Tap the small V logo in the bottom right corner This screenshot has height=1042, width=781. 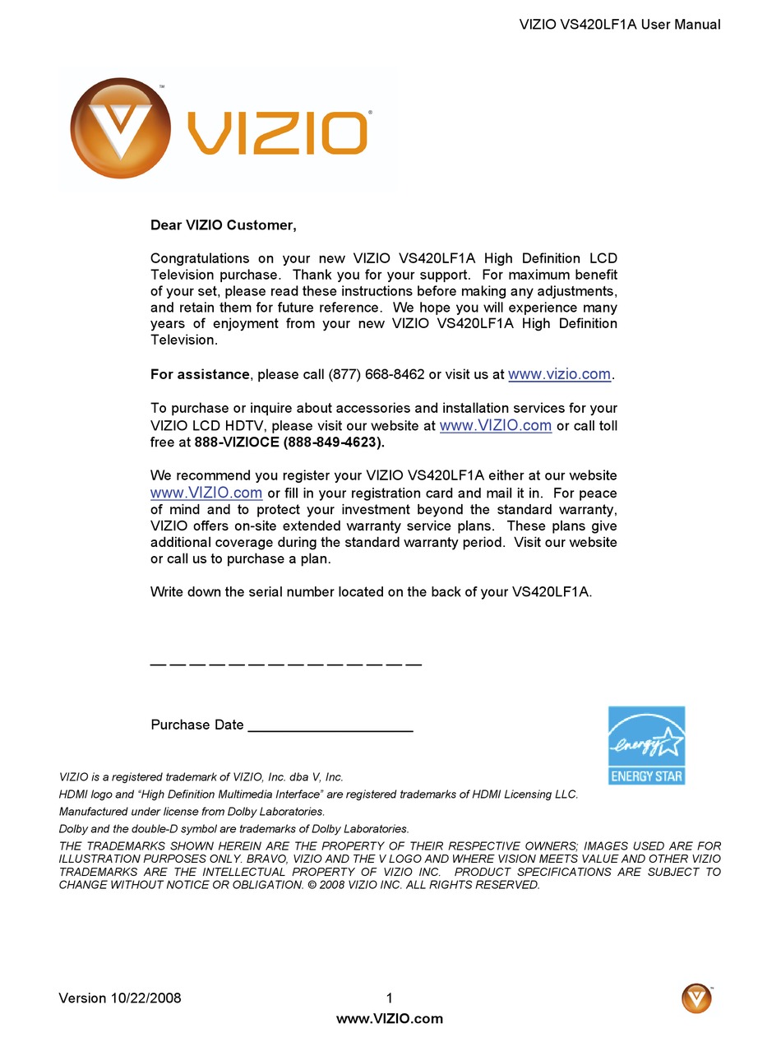(x=696, y=998)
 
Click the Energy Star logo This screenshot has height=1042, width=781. (x=646, y=745)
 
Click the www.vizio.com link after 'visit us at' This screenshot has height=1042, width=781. (x=559, y=374)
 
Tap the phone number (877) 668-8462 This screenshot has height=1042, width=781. (x=377, y=375)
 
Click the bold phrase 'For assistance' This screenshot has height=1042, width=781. (x=200, y=375)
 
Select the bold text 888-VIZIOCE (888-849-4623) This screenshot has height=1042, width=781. (x=289, y=442)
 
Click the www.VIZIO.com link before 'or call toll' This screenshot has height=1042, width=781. (x=495, y=425)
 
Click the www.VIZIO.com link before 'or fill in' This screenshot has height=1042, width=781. (x=206, y=493)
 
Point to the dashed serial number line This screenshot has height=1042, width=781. (x=286, y=664)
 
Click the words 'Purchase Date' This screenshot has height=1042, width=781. (x=197, y=725)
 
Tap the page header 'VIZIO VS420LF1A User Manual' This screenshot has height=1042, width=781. (x=620, y=25)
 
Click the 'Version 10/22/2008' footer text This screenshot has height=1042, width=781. (x=120, y=998)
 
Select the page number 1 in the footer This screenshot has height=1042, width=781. (x=390, y=998)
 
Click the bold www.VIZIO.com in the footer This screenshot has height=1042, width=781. (x=390, y=1018)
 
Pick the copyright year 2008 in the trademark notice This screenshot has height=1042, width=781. (x=332, y=885)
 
